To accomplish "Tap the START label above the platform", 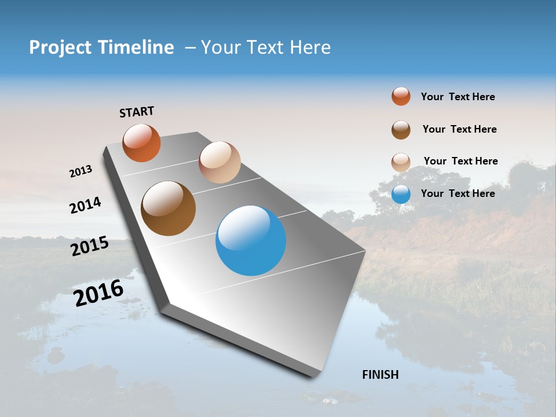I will [x=137, y=112].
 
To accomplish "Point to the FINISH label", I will [x=381, y=375].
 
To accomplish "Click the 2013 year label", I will [x=81, y=171].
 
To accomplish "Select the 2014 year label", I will [x=85, y=205].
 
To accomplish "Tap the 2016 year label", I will [x=98, y=293].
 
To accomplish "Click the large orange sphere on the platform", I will [x=141, y=142].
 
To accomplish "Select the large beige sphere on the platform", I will [x=220, y=162].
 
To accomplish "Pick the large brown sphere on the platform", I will [x=168, y=209].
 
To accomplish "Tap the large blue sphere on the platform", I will [x=251, y=240].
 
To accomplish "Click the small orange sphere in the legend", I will [x=401, y=96].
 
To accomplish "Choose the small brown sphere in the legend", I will [x=401, y=130].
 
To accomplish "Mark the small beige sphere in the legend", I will [x=401, y=162].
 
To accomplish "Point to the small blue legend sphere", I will [x=401, y=194].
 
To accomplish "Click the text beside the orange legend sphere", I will [x=458, y=97].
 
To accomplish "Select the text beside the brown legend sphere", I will [x=459, y=129].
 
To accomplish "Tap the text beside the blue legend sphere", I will [x=458, y=193].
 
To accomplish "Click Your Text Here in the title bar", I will [x=266, y=47].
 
